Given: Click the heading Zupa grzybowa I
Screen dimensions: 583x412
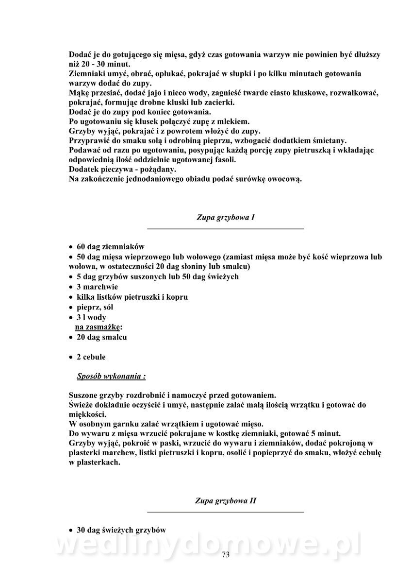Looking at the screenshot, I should (225, 218).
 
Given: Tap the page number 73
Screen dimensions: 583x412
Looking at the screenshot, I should (225, 555).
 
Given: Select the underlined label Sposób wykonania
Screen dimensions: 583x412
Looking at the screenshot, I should (111, 376).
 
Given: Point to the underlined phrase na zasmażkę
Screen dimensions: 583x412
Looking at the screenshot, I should (98, 327).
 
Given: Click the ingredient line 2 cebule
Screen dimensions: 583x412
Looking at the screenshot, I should (91, 357).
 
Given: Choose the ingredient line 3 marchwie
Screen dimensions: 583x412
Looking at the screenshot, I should (97, 287).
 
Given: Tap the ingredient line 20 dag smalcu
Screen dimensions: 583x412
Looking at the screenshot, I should (101, 337).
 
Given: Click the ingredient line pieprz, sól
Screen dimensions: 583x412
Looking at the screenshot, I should (95, 307).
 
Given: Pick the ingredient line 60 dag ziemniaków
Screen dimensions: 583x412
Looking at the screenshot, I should (110, 246).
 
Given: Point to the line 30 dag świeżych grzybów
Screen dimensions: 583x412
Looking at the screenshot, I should (121, 530).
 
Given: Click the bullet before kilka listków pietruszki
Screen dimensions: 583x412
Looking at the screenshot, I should (71, 297).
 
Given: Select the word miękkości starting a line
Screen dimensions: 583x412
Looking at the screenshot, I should (86, 414).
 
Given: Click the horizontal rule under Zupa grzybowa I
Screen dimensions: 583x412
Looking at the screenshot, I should (225, 228).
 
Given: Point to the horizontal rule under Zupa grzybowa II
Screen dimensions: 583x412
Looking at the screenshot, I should (225, 512).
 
